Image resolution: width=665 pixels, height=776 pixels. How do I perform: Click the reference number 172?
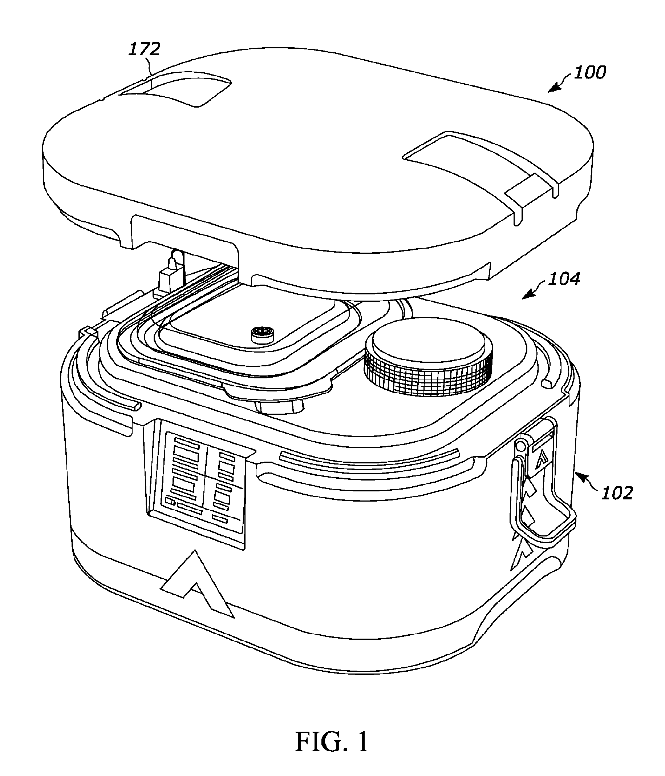click(145, 49)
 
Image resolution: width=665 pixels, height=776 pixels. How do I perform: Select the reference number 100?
click(589, 72)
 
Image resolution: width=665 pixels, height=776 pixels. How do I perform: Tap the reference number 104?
click(564, 279)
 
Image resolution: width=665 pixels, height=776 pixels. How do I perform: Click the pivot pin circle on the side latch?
click(520, 446)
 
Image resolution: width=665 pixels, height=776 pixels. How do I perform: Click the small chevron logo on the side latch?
click(540, 460)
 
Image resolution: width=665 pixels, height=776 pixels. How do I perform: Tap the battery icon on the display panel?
click(170, 501)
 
